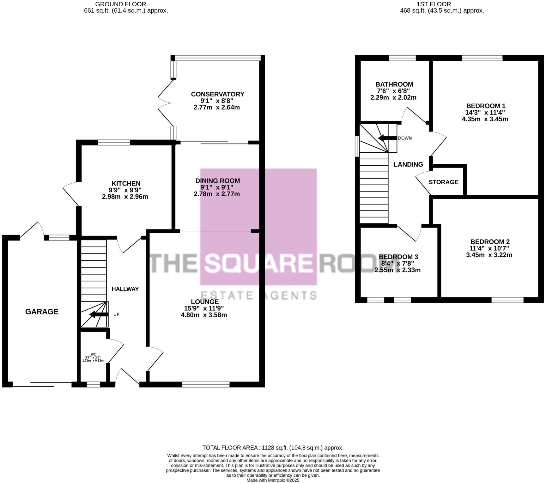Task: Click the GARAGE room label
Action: click(x=42, y=312)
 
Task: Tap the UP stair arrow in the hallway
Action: click(x=99, y=314)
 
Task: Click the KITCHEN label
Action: click(x=126, y=183)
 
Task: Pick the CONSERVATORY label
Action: click(x=217, y=94)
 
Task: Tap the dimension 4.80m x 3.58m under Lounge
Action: click(x=204, y=315)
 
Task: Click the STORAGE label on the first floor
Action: click(x=443, y=182)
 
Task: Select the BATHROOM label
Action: click(x=394, y=84)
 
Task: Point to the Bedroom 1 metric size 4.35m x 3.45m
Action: click(x=485, y=119)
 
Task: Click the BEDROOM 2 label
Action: click(x=490, y=241)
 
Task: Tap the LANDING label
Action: click(x=408, y=164)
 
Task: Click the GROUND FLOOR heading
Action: click(x=120, y=4)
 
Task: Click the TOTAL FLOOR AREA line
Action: click(x=273, y=448)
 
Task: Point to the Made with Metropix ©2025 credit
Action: click(x=273, y=480)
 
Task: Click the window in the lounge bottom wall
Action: click(x=206, y=384)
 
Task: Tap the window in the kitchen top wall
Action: click(x=114, y=143)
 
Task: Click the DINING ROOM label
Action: click(x=217, y=181)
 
